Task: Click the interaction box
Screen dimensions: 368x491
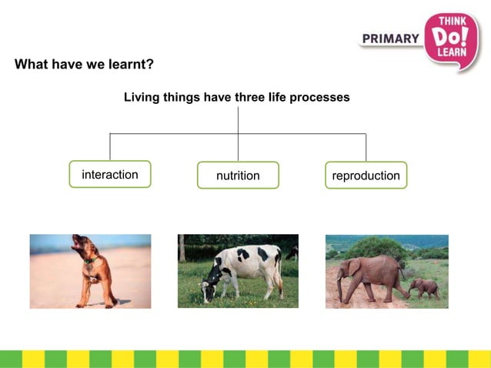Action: tap(110, 175)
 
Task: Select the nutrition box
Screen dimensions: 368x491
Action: tap(238, 176)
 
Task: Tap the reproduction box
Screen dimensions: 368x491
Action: tap(366, 176)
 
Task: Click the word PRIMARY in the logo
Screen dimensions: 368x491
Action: tap(390, 38)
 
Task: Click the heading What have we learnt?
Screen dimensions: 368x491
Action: tap(84, 64)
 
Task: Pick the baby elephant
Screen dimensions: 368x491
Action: tap(425, 288)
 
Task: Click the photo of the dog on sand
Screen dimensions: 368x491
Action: tap(90, 271)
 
